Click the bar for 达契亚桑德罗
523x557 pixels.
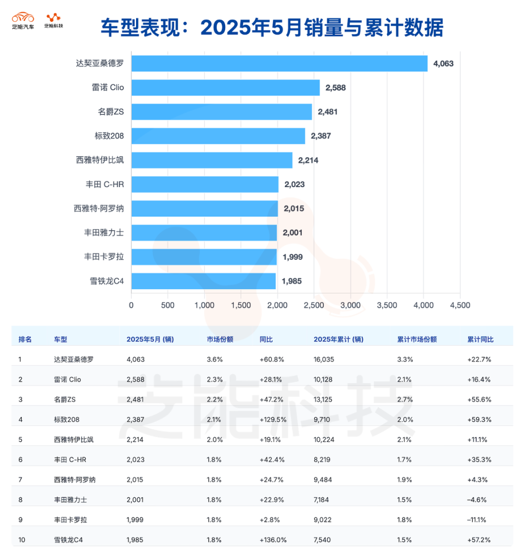(279, 64)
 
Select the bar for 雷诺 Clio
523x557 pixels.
(226, 88)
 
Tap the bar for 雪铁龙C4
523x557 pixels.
(203, 281)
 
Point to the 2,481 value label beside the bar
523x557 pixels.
(328, 112)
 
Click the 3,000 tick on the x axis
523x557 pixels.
(351, 305)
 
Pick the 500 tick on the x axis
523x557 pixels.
(168, 305)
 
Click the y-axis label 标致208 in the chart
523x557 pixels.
(109, 136)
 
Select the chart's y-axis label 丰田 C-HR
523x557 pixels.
(105, 184)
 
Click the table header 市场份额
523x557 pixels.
(220, 339)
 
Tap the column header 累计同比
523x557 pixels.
(480, 339)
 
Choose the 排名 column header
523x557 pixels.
(25, 339)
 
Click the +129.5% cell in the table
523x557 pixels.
(273, 420)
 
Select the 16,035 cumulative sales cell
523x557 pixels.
(324, 360)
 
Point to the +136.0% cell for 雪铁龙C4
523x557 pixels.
(273, 540)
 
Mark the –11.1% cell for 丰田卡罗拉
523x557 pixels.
(477, 520)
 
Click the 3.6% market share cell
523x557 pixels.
(215, 360)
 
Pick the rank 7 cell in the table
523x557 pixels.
(20, 480)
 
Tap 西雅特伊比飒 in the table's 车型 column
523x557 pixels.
(74, 440)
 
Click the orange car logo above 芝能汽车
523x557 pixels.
(23, 17)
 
